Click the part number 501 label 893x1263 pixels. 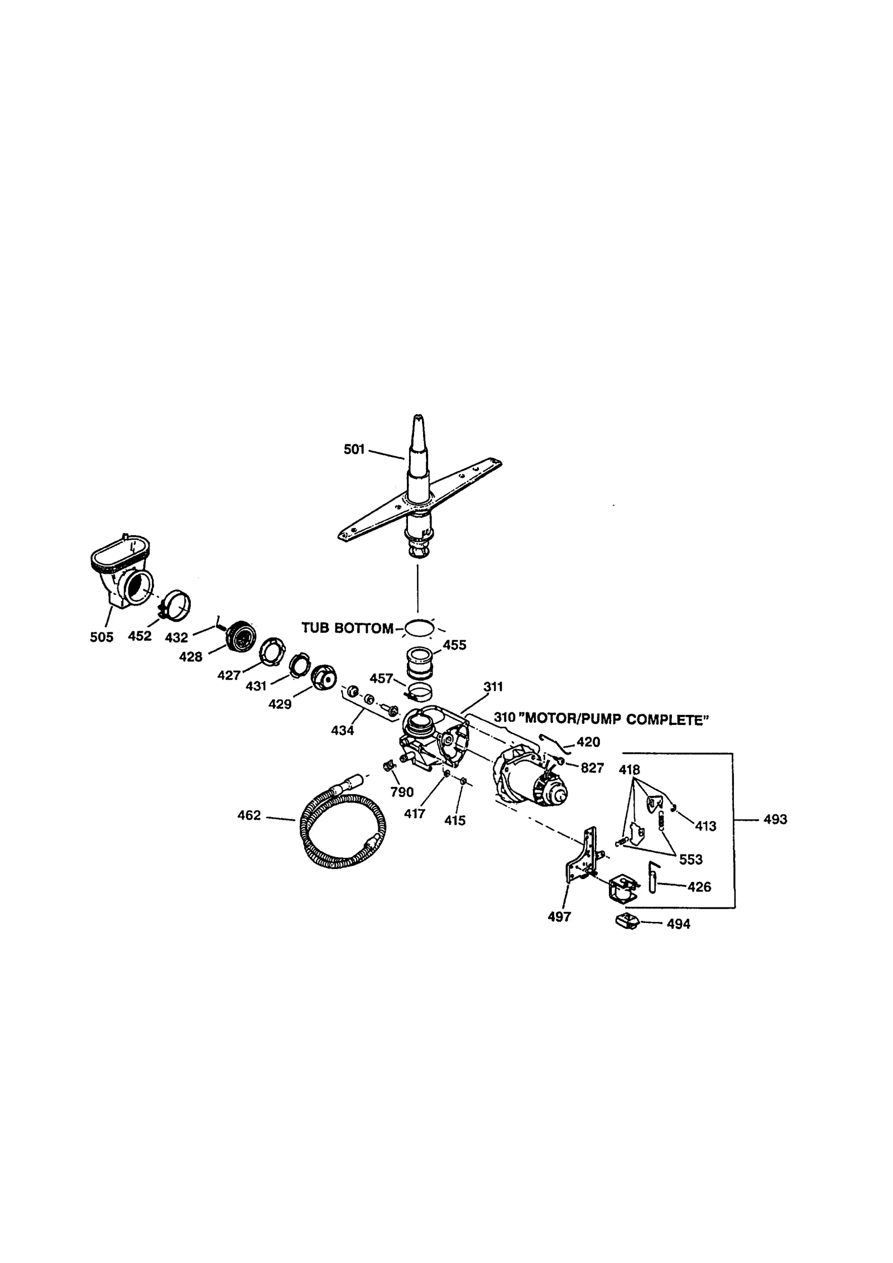pos(354,449)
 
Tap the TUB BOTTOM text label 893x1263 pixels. pos(347,628)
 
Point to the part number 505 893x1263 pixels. pos(102,637)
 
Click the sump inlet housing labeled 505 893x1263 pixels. pos(123,572)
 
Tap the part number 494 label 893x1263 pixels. pos(678,924)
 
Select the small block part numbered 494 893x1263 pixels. pos(627,921)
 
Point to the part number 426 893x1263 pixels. pos(699,887)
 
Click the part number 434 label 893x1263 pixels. pos(342,730)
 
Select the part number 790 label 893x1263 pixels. pos(402,791)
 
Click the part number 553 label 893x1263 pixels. pos(691,859)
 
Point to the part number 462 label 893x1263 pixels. pos(249,816)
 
